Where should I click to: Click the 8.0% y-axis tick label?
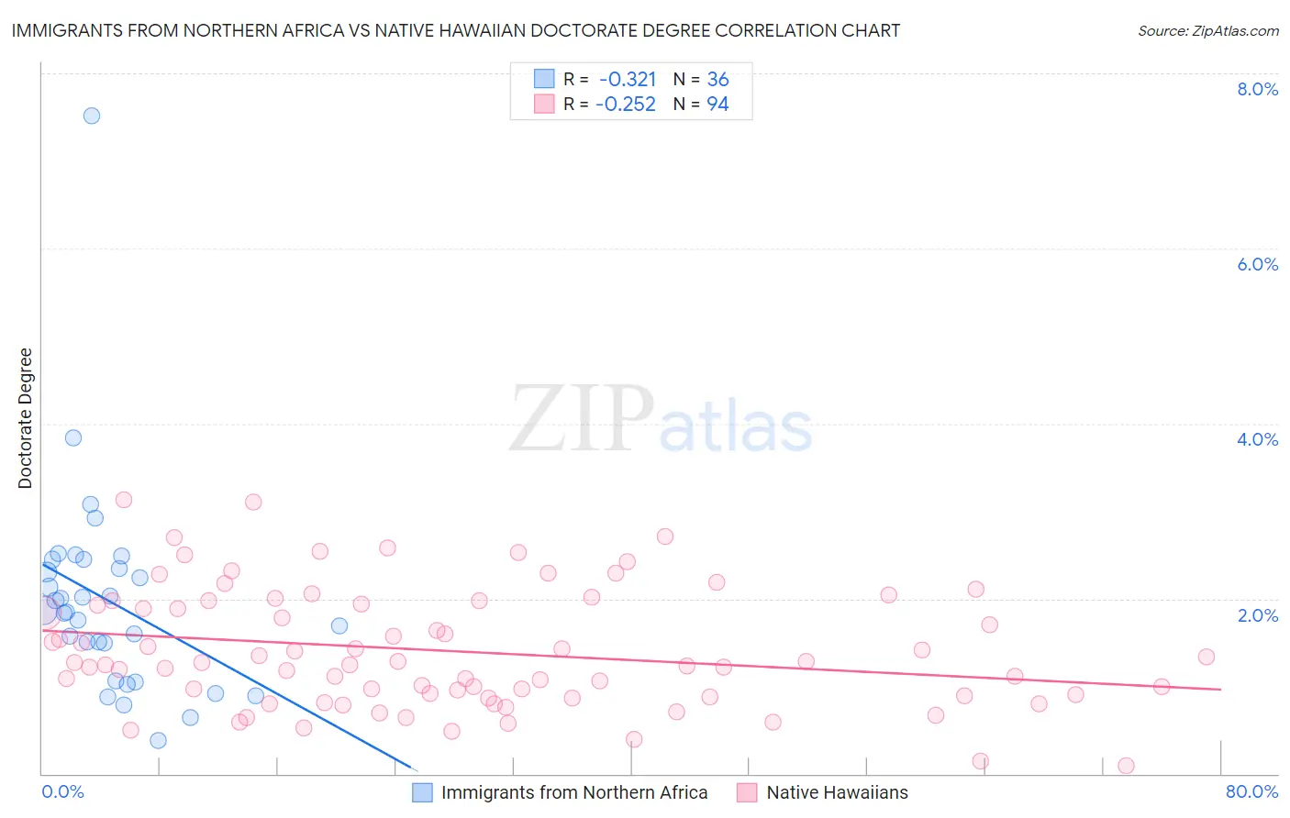tap(1257, 89)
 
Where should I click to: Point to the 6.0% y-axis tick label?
tap(1257, 264)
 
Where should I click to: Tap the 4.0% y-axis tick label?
tap(1257, 439)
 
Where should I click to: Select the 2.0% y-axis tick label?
tap(1257, 615)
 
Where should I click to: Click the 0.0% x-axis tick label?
tap(62, 791)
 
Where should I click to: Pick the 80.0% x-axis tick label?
tap(1251, 791)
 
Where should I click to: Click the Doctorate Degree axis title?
tap(25, 418)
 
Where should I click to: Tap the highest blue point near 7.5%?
tap(92, 116)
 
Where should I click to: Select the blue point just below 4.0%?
tap(73, 437)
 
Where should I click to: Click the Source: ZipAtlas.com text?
tap(1207, 31)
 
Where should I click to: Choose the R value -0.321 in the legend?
tap(628, 80)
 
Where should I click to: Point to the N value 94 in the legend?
tap(717, 105)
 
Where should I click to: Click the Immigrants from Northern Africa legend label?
tap(574, 792)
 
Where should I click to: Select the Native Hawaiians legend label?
tap(837, 792)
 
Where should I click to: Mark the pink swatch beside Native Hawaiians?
tap(747, 792)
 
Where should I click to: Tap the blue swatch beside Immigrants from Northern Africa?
tap(422, 792)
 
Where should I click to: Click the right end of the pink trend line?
tap(1220, 689)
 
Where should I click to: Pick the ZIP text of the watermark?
tap(582, 419)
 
